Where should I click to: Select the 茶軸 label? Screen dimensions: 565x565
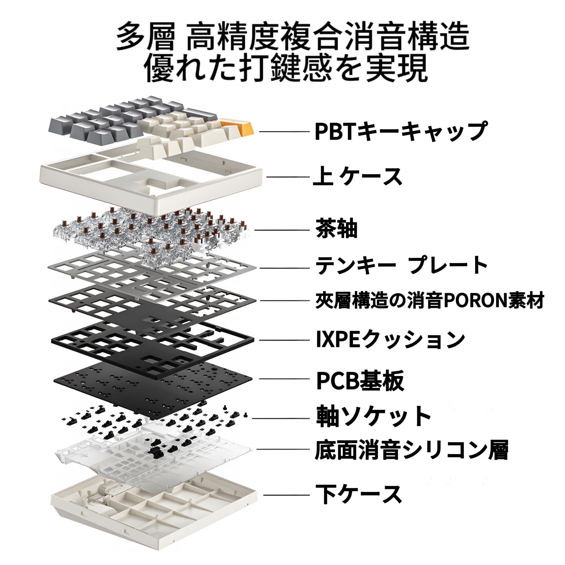[336, 230]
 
